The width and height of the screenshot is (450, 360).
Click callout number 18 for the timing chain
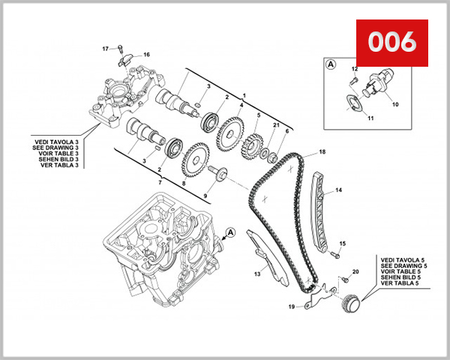(x=322, y=152)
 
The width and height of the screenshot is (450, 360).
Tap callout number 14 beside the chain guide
(x=338, y=190)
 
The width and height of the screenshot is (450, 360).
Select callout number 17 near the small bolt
(x=106, y=49)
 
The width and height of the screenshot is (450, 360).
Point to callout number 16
(x=146, y=55)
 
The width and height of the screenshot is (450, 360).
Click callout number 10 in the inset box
(x=395, y=105)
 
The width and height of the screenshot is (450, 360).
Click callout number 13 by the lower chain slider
(x=256, y=274)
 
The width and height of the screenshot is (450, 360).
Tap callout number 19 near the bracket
(x=291, y=307)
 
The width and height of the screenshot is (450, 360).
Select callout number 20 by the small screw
(x=356, y=271)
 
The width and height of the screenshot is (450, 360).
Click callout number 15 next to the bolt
(x=342, y=244)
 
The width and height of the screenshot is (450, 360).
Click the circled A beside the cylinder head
(x=230, y=233)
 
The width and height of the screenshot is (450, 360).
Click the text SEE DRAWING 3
(x=56, y=146)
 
